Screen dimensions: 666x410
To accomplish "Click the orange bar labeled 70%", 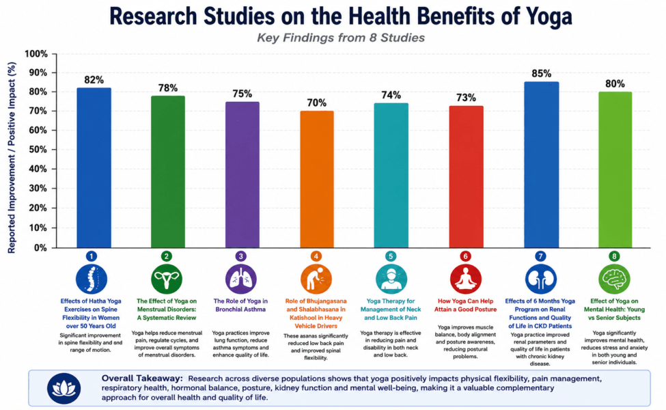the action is [317, 179].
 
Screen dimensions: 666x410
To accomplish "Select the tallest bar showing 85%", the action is [541, 165].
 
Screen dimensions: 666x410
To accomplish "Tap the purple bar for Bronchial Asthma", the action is [242, 175].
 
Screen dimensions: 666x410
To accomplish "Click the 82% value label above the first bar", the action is [94, 80].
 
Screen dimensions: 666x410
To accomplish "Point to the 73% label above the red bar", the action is [466, 98].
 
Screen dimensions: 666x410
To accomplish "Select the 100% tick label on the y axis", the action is [36, 54].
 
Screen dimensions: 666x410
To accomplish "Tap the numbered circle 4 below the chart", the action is [316, 256].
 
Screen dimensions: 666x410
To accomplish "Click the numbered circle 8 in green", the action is [614, 256].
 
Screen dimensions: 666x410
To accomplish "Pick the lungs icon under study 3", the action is [241, 279].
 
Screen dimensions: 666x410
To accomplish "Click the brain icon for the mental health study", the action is [614, 279].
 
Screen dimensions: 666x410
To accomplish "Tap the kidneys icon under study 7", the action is [540, 279].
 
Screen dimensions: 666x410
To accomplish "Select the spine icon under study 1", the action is [92, 279].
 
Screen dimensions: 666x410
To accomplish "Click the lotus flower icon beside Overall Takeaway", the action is [64, 388].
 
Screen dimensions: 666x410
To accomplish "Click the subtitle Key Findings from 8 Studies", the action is [341, 38].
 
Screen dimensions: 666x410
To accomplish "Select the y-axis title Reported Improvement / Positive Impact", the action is [12, 158].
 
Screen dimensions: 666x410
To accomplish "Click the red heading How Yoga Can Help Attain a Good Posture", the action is [466, 305].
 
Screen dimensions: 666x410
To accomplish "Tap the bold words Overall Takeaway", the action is [142, 378].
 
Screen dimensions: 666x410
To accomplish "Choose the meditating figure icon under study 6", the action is [466, 279].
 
